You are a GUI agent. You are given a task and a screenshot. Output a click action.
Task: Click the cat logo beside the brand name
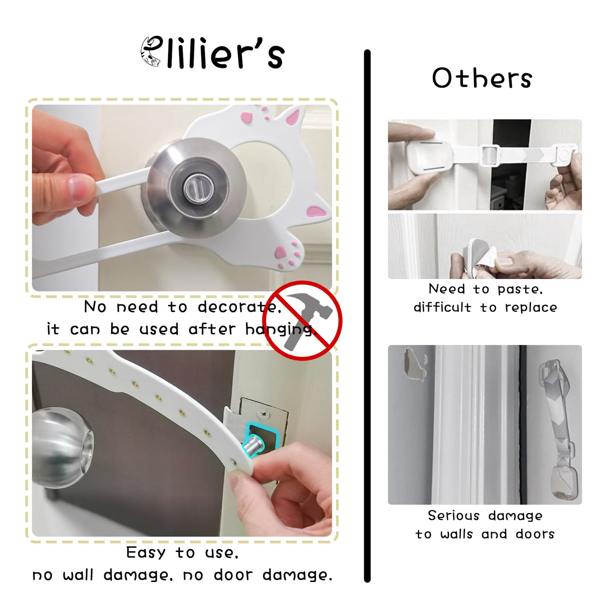point(151,52)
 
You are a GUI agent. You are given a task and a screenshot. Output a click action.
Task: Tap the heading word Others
point(482,78)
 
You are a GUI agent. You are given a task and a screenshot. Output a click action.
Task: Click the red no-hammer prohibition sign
point(302,320)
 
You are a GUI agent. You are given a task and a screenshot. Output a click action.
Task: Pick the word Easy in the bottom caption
point(146,552)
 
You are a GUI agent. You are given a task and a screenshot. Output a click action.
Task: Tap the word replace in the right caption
point(531,308)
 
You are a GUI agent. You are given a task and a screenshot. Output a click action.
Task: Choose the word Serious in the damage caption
point(454,515)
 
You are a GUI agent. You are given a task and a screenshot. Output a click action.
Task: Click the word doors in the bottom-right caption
point(535,534)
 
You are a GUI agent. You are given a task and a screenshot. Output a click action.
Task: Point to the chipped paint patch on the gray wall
point(414,364)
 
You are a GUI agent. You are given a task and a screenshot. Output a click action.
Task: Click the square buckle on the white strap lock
point(490,155)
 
